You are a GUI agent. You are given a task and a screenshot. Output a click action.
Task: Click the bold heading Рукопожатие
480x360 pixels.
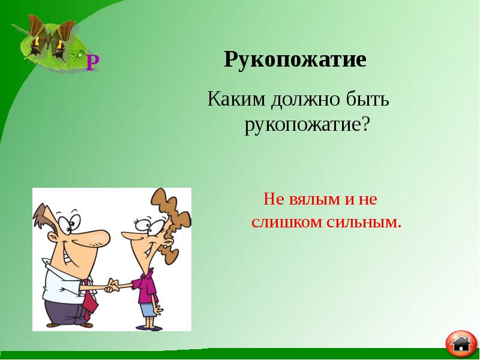(295, 61)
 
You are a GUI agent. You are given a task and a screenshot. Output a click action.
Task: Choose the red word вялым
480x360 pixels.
(310, 199)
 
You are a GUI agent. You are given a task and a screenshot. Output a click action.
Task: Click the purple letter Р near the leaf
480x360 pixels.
(92, 62)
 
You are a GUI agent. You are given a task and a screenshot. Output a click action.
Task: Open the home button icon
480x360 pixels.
(461, 344)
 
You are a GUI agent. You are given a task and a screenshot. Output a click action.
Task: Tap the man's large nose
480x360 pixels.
(95, 237)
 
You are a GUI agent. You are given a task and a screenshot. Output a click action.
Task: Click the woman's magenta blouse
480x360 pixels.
(146, 286)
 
